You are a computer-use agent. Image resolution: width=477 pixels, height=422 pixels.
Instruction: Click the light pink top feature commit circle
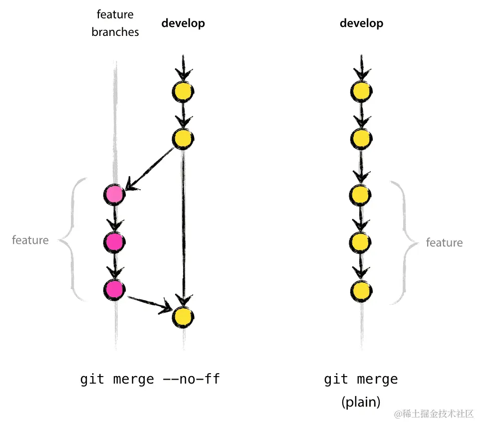click(x=114, y=194)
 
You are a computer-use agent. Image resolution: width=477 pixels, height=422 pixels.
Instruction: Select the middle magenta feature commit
click(x=114, y=241)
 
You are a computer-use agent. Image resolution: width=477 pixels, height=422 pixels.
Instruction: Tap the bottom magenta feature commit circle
click(x=114, y=289)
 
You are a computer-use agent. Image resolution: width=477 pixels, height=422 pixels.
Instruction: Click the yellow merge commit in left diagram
click(x=183, y=316)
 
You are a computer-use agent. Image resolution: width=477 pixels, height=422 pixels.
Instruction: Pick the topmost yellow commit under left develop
click(x=183, y=91)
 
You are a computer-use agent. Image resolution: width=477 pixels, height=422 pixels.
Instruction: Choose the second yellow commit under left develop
click(x=183, y=138)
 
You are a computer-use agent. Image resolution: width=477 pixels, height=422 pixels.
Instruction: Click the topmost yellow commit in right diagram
click(x=362, y=91)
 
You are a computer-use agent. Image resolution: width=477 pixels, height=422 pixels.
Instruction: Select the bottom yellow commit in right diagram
click(x=362, y=289)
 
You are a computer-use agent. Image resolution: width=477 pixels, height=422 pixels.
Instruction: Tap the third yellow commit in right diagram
click(x=362, y=194)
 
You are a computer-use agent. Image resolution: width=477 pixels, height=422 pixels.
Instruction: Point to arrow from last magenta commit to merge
click(x=149, y=304)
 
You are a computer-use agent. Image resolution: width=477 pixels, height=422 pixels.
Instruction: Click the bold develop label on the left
click(x=183, y=23)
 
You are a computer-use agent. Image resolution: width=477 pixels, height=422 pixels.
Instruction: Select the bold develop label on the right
click(x=362, y=23)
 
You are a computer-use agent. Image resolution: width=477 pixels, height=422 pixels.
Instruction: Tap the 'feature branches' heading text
click(x=115, y=23)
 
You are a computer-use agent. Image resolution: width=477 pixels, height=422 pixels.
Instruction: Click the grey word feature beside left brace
click(x=30, y=240)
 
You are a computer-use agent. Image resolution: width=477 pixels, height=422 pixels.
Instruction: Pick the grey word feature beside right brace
click(x=444, y=243)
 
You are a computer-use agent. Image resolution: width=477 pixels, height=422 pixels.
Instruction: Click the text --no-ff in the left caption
click(x=192, y=379)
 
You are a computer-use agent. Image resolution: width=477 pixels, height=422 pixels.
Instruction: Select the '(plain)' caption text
click(x=361, y=402)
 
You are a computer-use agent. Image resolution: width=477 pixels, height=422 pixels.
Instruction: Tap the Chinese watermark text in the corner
click(x=434, y=414)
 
